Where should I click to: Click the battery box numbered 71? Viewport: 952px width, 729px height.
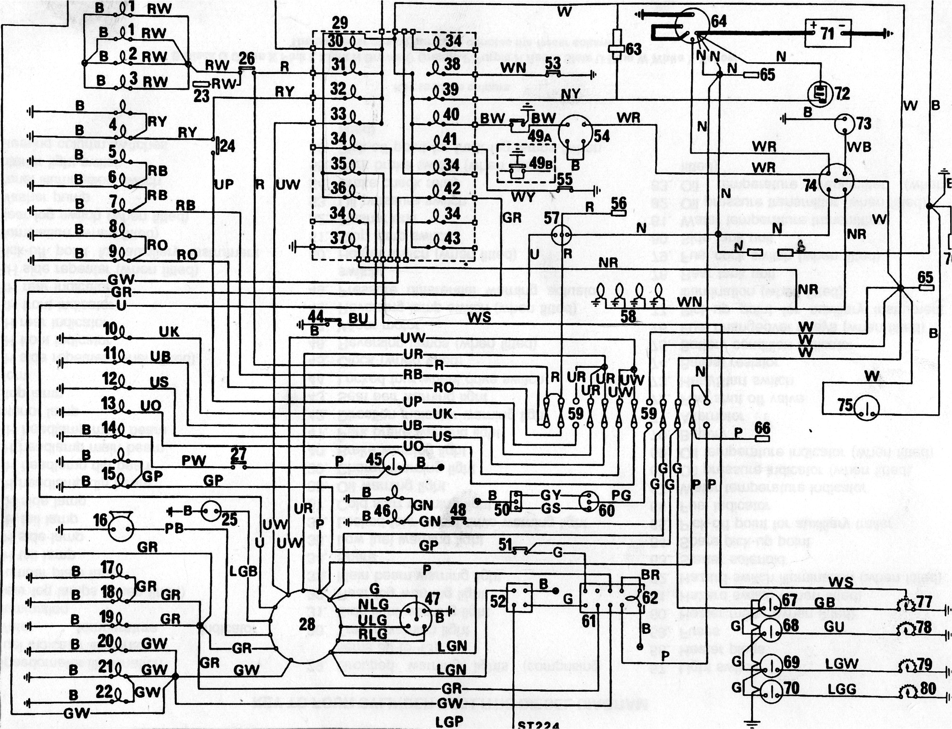click(x=828, y=34)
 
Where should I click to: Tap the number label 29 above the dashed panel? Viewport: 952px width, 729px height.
click(x=339, y=23)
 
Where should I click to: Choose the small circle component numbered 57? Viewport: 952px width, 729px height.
click(x=561, y=235)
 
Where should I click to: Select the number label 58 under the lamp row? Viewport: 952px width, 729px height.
click(x=628, y=316)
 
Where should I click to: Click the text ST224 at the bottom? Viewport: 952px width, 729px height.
click(x=538, y=725)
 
